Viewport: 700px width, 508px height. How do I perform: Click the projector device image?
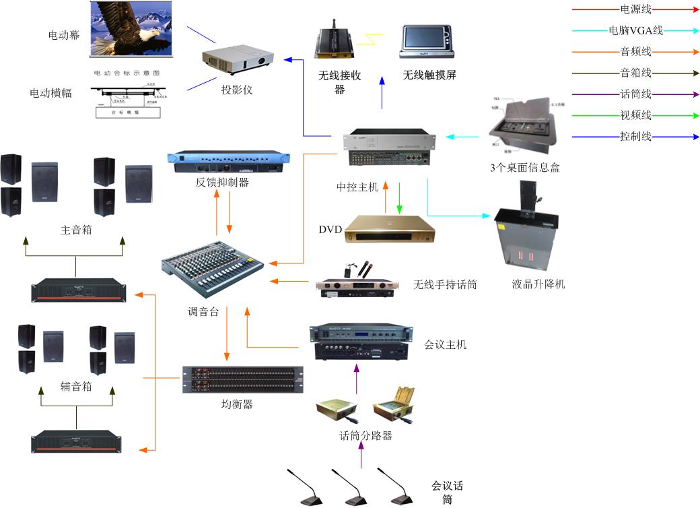pyautogui.click(x=240, y=59)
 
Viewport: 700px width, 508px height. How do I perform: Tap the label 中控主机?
pyautogui.click(x=358, y=186)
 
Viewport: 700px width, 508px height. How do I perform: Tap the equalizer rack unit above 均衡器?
pyautogui.click(x=242, y=380)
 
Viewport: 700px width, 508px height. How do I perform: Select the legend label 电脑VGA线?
pyautogui.click(x=635, y=30)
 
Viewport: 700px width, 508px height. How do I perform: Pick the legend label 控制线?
pyautogui.click(x=635, y=137)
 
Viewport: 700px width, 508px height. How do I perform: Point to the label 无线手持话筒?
pyautogui.click(x=445, y=285)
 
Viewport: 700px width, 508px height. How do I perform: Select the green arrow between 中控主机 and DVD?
pyautogui.click(x=400, y=197)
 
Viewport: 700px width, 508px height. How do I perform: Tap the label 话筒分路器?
pyautogui.click(x=366, y=435)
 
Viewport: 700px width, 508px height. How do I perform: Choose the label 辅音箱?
pyautogui.click(x=76, y=387)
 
